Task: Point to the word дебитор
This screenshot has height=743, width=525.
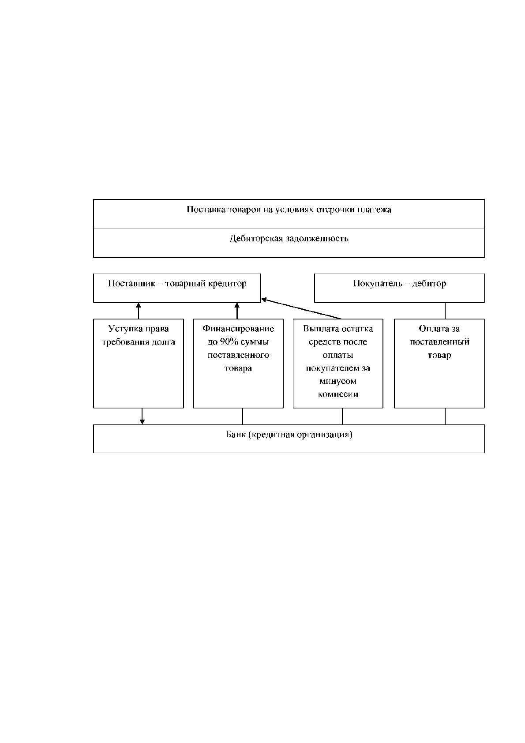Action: click(x=429, y=284)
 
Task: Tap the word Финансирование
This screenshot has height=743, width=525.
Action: click(x=238, y=329)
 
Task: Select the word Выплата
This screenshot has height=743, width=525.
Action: click(x=319, y=329)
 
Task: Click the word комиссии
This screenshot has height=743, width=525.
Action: click(x=338, y=394)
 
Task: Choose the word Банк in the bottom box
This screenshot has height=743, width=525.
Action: click(x=236, y=435)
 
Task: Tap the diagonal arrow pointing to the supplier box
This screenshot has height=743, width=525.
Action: click(x=301, y=309)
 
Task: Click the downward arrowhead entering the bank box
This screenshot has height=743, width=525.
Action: click(x=142, y=422)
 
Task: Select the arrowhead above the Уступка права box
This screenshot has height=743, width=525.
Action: click(x=139, y=305)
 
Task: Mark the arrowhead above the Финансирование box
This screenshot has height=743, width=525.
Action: click(x=237, y=305)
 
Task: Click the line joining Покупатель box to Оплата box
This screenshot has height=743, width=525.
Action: click(x=445, y=311)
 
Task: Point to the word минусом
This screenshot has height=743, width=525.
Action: click(x=337, y=381)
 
